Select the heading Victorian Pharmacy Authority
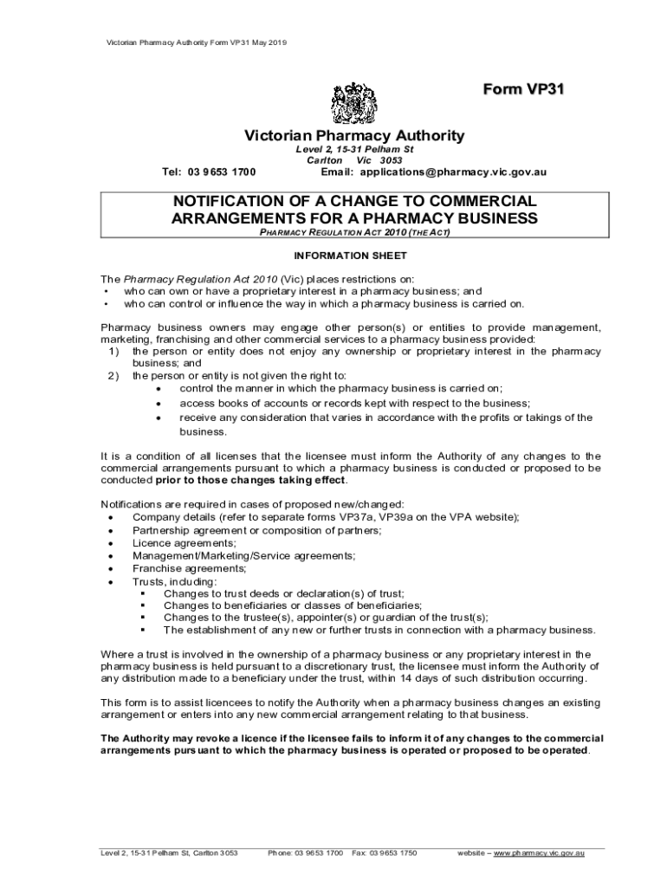point(353,136)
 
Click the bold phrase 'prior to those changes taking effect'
point(250,480)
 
